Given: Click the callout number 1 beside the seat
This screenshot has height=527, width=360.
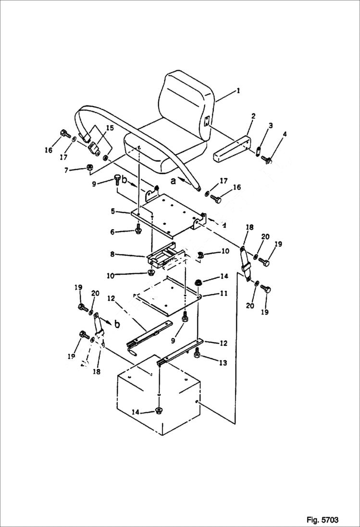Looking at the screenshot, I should click(239, 90).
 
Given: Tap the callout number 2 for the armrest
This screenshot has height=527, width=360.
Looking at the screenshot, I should click(253, 116).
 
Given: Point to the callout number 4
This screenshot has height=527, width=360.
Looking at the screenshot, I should click(285, 135).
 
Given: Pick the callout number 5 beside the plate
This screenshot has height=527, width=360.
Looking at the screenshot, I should click(112, 211).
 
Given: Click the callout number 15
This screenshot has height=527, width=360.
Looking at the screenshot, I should click(110, 128).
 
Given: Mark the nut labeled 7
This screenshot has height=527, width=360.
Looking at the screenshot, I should click(89, 168).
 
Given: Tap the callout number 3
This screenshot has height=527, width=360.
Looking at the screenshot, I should click(271, 125).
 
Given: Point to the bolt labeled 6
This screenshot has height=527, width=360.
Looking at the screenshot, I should click(138, 229).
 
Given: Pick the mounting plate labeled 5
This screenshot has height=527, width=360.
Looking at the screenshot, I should click(168, 214).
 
